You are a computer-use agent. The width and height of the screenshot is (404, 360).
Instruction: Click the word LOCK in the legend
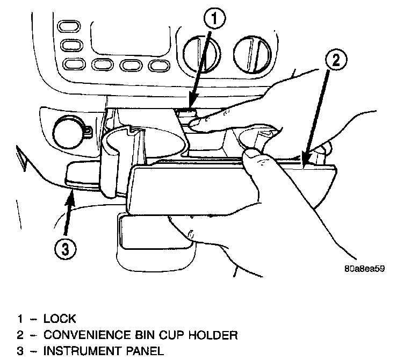(x=60, y=319)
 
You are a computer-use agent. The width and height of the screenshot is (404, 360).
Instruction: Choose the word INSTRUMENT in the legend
(x=83, y=352)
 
